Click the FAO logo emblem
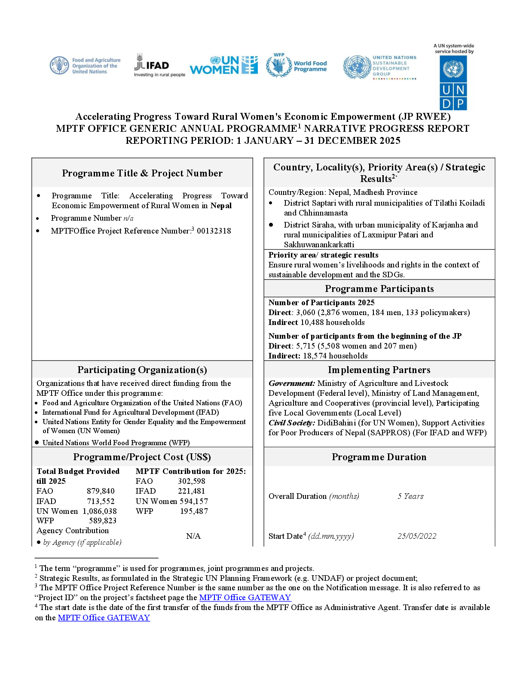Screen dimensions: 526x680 (59, 65)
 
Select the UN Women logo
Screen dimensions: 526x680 (224, 65)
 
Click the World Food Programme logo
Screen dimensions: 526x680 (296, 65)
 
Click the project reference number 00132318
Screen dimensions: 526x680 (214, 231)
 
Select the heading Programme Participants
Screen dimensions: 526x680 (379, 288)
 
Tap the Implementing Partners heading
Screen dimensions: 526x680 (379, 370)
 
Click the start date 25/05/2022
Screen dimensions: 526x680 (417, 536)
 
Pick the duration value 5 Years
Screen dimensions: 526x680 (410, 496)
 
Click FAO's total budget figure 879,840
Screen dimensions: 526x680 (101, 491)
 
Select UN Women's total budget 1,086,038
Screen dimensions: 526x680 (100, 511)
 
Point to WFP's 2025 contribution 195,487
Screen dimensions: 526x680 (194, 511)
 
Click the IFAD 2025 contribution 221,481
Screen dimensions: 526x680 (191, 491)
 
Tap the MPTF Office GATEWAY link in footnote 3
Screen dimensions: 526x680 (245, 598)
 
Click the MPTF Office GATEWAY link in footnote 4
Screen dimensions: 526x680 (104, 617)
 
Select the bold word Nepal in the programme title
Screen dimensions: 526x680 (221, 206)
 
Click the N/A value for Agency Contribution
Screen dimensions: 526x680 (193, 536)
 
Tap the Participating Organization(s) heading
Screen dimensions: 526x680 (142, 370)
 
